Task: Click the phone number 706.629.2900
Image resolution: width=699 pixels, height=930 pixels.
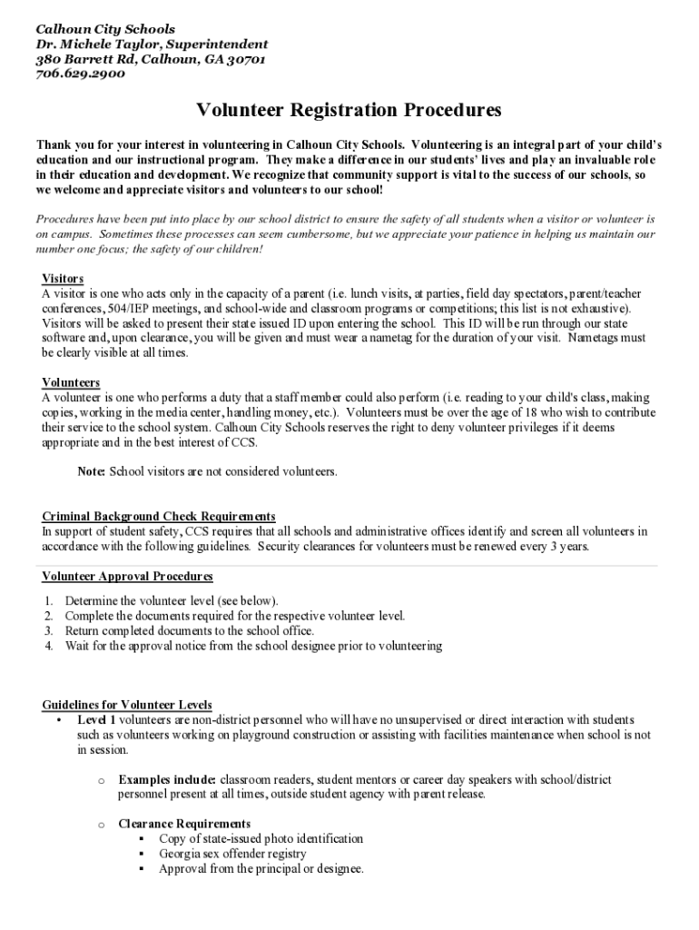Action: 81,74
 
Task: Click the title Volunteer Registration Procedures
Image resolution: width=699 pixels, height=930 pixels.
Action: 349,111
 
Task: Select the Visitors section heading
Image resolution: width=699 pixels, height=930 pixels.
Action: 64,278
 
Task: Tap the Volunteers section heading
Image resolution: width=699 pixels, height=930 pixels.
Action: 71,382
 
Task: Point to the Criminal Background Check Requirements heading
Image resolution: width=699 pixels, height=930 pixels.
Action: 159,516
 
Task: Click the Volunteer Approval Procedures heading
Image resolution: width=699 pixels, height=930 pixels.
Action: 127,576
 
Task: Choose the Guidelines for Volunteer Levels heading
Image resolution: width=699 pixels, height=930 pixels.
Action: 127,705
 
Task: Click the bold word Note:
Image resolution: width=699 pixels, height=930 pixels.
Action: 92,471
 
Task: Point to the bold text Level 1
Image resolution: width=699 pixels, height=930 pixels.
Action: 96,719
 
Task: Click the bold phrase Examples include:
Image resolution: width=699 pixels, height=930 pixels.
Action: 167,779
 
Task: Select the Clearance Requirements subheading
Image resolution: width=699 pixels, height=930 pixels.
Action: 184,824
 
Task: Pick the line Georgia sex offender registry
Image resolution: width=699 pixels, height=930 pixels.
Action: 232,854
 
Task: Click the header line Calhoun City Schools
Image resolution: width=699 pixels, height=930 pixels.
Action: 105,29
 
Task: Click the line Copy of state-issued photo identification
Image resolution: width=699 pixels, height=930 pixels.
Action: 261,838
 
